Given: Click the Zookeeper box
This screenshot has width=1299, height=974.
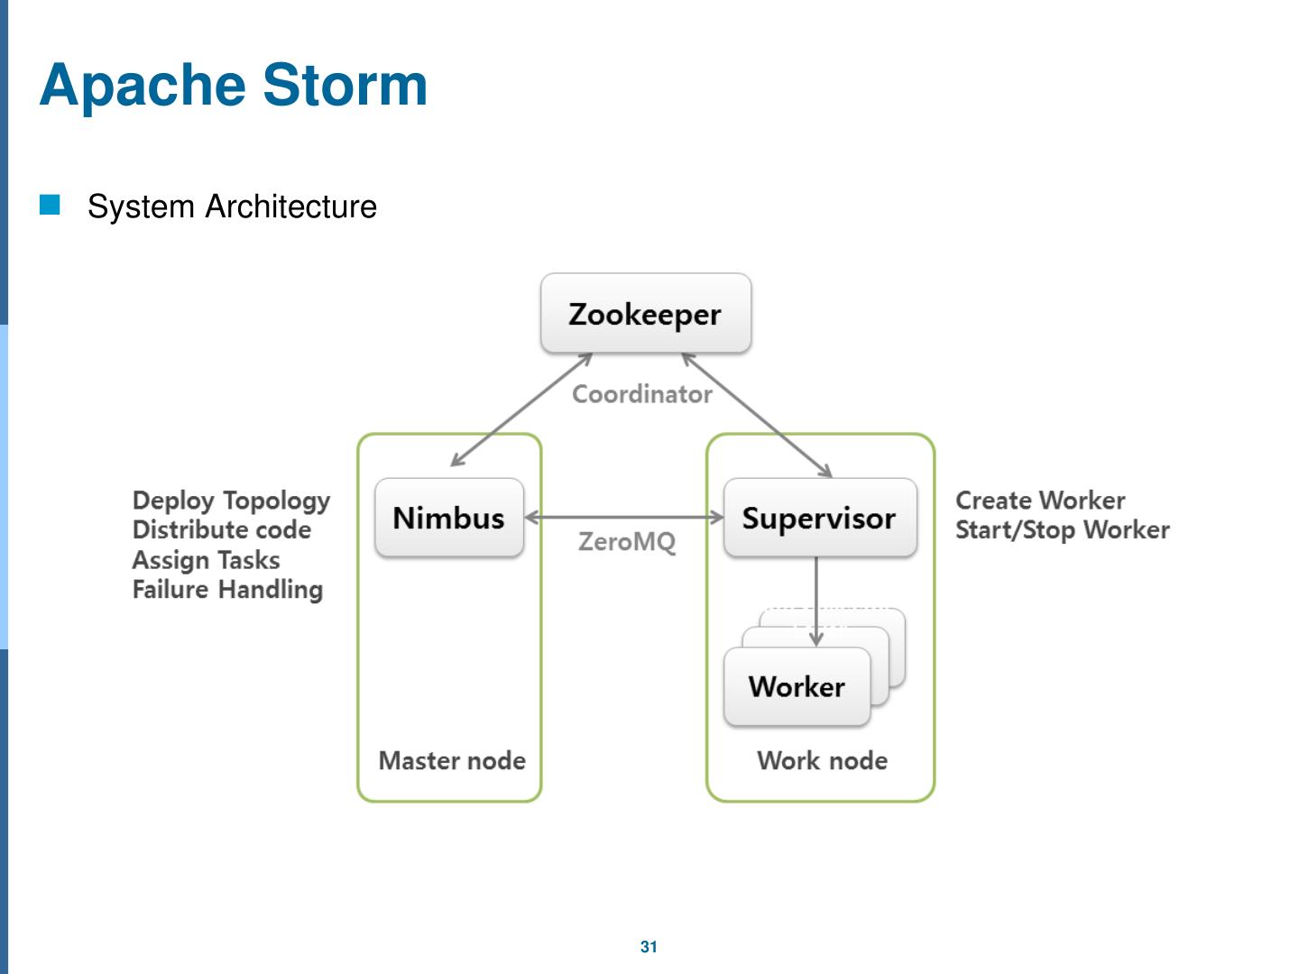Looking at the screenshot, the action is point(646,313).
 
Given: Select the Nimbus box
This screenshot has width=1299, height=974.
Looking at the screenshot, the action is point(449,518).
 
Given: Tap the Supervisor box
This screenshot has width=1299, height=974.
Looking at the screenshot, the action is point(820,518).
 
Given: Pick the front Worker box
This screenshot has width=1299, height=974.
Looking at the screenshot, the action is point(797,686).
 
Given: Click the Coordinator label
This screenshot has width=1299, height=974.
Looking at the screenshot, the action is point(642,394).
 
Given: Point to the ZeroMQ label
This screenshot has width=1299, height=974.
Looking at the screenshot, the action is point(627,542).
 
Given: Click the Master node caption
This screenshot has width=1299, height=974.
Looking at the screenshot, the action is point(452,760).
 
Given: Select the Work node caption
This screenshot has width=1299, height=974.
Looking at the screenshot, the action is point(823,760).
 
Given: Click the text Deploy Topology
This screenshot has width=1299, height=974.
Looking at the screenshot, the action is point(232,501).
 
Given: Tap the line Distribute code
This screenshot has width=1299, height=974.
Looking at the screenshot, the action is point(222,530).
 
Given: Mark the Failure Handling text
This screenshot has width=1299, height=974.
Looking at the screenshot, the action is point(228,590).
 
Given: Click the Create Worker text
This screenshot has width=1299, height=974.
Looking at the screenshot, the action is point(1040,501).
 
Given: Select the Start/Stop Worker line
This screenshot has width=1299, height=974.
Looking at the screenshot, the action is point(1063,530).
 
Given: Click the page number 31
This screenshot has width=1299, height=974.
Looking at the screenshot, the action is point(649,947).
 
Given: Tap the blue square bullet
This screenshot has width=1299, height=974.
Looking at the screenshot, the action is point(50,205).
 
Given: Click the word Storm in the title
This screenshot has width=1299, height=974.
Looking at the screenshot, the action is point(345,85).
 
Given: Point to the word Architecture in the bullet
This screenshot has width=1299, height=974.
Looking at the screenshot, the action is point(290,207).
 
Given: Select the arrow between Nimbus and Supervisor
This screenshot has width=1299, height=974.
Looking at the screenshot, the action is point(623,518).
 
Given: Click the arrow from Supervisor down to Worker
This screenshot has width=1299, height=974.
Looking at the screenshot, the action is point(816,601).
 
